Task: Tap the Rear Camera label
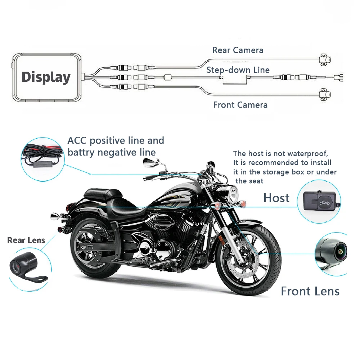coord(238,50)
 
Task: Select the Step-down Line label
coord(238,70)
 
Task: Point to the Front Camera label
coord(240,105)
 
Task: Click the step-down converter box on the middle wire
coord(236,80)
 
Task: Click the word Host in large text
coord(276,198)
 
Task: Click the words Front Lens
coord(310,291)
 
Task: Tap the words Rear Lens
coord(26,240)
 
